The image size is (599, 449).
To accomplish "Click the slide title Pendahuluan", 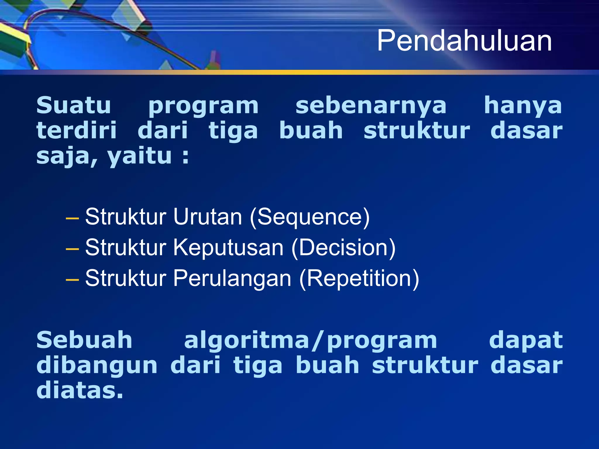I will click(464, 41).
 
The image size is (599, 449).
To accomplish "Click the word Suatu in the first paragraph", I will click(74, 105).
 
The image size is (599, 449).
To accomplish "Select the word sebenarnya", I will click(371, 105).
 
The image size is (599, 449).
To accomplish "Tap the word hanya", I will click(523, 106).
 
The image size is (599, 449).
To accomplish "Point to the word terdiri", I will click(77, 130).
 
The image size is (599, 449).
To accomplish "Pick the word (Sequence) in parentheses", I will click(310, 217).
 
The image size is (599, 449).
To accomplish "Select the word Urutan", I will click(207, 217).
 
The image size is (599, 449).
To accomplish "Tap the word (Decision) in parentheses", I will click(344, 248).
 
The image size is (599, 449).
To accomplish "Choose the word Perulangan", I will click(232, 278).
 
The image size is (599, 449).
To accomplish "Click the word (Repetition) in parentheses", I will click(359, 279).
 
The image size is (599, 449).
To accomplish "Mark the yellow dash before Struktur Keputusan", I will click(72, 249).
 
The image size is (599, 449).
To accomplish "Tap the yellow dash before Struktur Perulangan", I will click(72, 280).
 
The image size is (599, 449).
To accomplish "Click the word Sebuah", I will click(84, 340).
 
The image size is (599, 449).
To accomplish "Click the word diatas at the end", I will click(80, 391).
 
